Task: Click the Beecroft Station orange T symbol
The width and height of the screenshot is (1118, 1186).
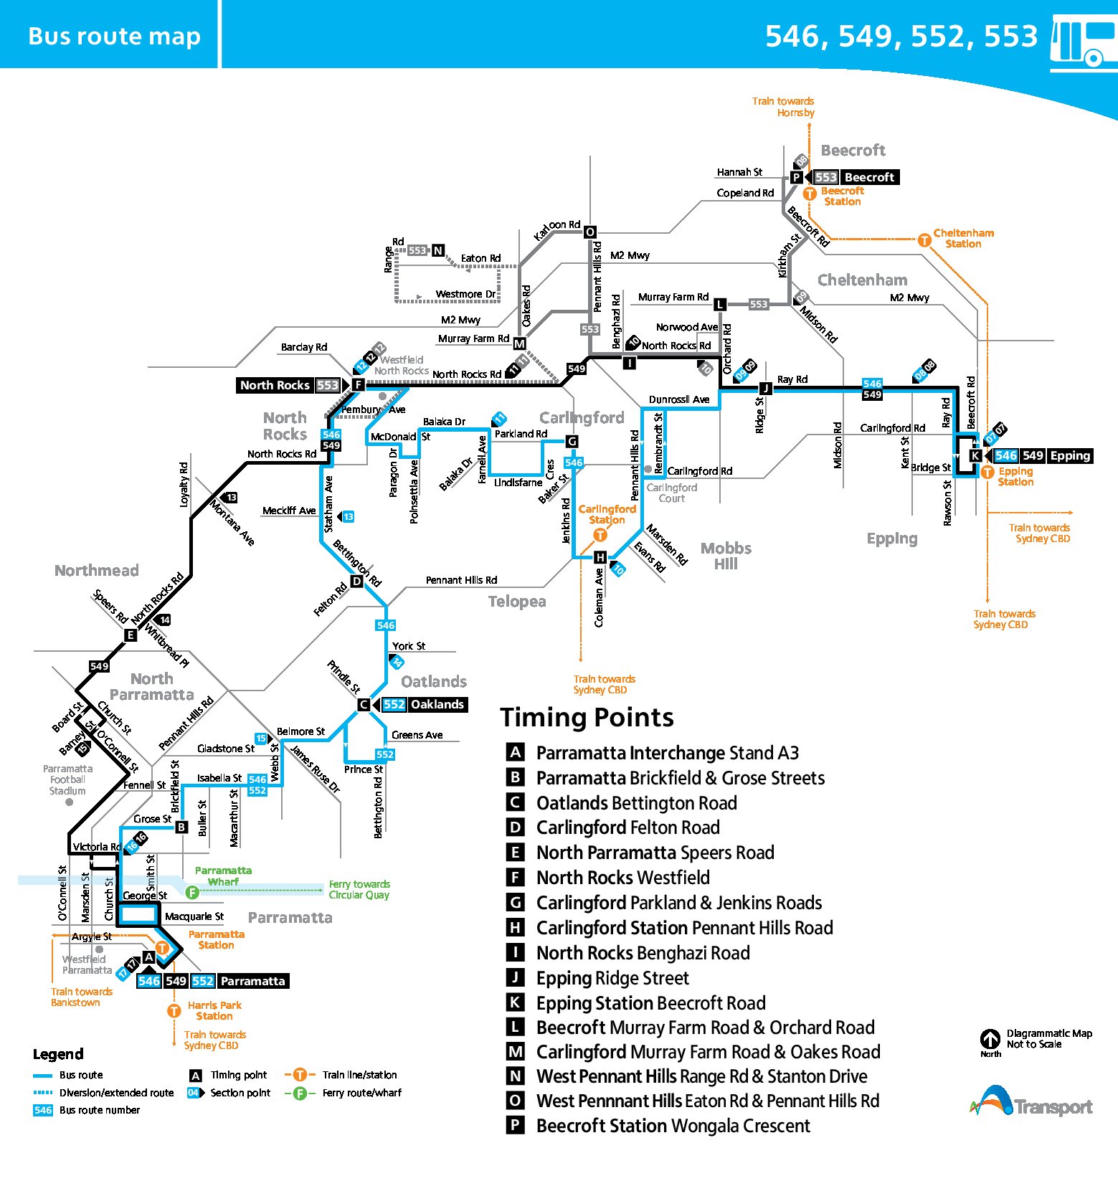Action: pos(810,194)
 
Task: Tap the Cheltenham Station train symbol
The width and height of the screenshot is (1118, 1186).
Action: pos(924,240)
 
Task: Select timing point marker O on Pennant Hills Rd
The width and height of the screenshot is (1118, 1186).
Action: pos(590,232)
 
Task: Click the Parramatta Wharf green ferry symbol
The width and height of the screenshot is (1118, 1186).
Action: pos(191,892)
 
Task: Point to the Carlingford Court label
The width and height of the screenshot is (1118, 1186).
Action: pos(671,493)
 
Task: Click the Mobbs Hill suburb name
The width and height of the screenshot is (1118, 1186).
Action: pos(726,556)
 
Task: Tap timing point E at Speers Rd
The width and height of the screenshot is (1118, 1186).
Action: pos(130,635)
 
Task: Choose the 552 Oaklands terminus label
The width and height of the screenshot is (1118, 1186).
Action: pos(424,704)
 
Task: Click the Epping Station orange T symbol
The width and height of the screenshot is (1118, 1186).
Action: pos(987,472)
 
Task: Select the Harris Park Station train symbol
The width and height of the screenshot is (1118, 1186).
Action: pos(174,1011)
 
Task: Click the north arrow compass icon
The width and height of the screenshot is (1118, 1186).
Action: pos(990,1038)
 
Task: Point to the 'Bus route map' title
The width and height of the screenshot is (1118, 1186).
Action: pos(114,36)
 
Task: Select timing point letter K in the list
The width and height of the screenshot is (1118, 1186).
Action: pos(515,1002)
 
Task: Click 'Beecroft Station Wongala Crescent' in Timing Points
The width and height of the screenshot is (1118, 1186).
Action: pos(673,1126)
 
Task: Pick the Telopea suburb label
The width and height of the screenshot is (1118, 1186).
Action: pos(517,602)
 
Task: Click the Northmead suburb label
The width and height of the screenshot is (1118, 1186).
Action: pos(97,571)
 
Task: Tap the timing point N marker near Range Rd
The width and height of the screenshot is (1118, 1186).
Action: pos(437,250)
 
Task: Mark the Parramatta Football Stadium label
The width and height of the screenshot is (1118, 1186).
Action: pos(67,779)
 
